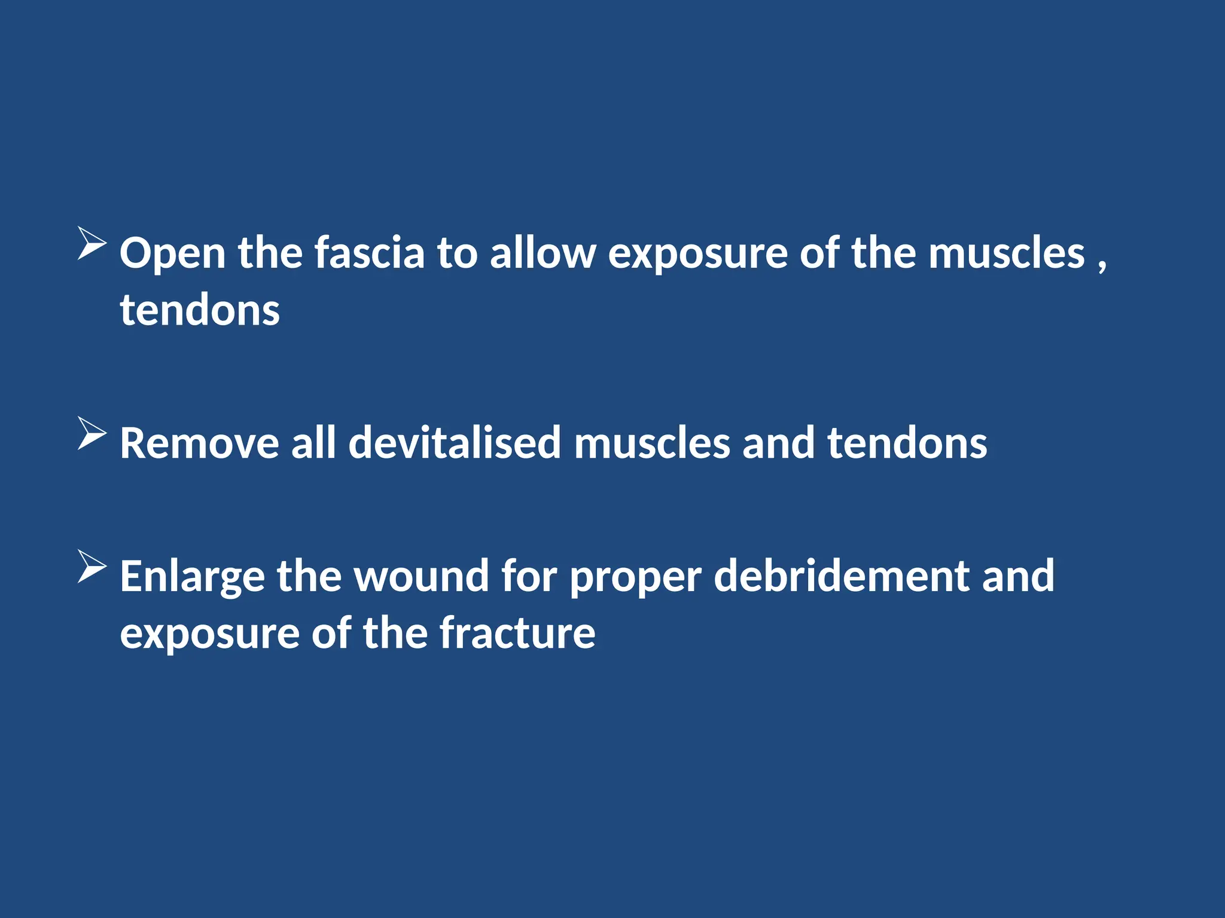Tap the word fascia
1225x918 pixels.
coord(370,253)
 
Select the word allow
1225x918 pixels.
coord(543,253)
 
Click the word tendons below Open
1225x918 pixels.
coord(200,310)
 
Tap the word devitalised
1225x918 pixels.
coord(455,443)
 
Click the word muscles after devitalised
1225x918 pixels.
coord(652,443)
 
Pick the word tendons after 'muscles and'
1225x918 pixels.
coord(907,443)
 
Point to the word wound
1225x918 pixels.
coord(422,576)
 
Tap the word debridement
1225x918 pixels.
coord(841,576)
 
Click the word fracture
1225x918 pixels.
coord(517,634)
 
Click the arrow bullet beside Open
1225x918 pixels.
coord(92,243)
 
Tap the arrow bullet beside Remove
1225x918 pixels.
coord(92,433)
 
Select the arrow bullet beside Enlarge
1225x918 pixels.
coord(92,566)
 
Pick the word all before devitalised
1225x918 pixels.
coord(313,443)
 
